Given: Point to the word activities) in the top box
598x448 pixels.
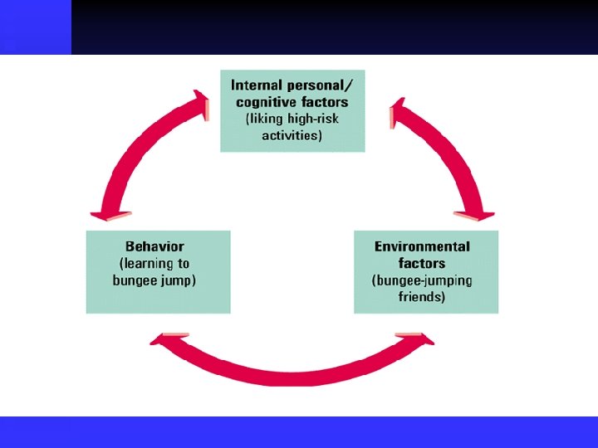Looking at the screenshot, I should (x=292, y=135).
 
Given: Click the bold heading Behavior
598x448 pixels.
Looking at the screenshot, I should (x=154, y=246).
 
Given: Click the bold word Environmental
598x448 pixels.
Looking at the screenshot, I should (x=422, y=246).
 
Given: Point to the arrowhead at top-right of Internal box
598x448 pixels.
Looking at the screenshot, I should (x=401, y=107).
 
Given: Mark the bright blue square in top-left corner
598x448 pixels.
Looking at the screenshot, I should (x=35, y=27).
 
